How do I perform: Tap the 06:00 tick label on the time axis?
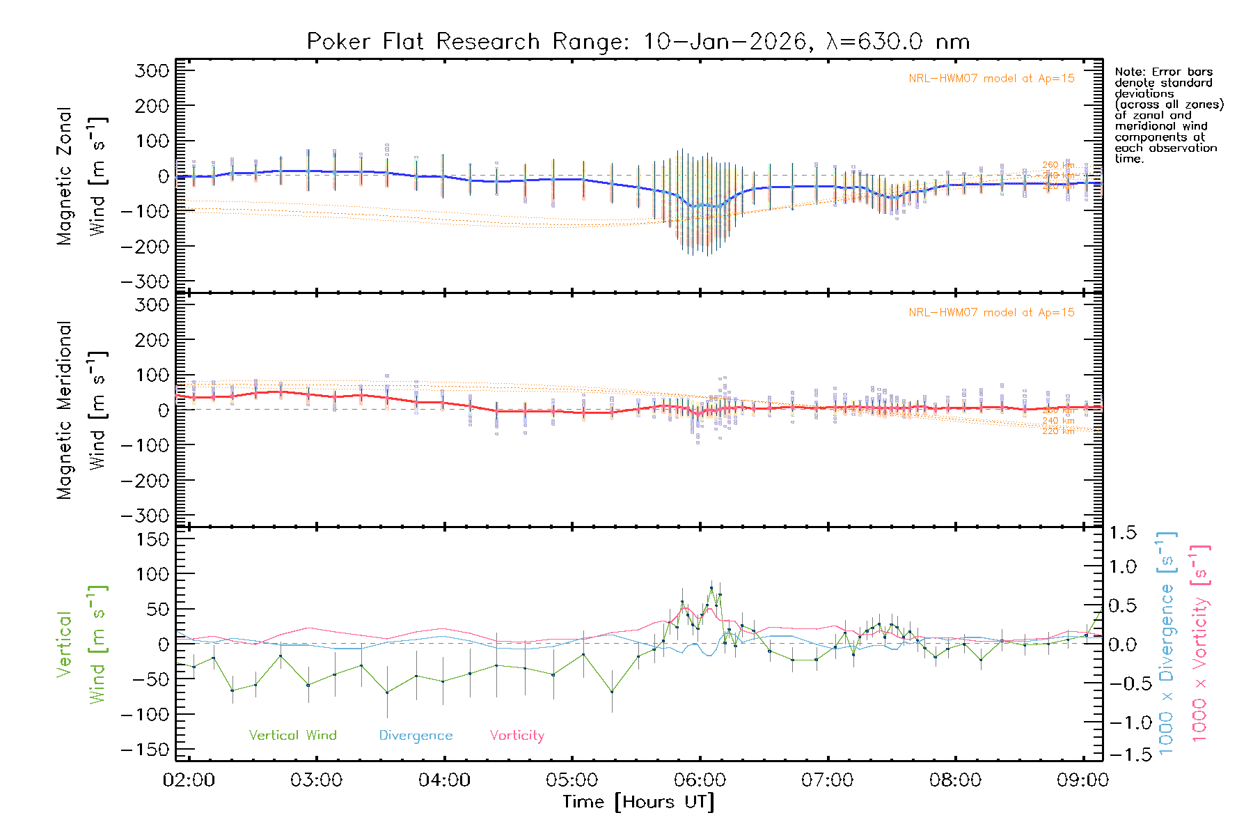point(700,780)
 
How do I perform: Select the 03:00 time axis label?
point(316,780)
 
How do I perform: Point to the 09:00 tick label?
point(1082,780)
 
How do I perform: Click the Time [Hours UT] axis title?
point(638,802)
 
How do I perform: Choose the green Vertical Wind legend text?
point(292,735)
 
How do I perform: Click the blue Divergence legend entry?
point(416,735)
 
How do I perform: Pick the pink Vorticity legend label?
point(517,735)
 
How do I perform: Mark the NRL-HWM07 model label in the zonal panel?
point(991,79)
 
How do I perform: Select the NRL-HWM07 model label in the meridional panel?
point(991,313)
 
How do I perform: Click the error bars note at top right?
point(1168,115)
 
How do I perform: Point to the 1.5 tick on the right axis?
point(1123,533)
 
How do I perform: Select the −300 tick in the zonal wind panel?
point(145,282)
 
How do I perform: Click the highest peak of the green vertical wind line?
point(711,587)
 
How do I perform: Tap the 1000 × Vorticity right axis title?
point(1200,643)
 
